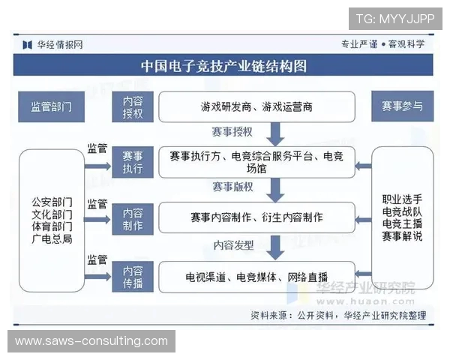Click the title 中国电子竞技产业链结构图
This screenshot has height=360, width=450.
click(224, 66)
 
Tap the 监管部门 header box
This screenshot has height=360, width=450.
click(51, 106)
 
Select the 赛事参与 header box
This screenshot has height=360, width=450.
click(403, 106)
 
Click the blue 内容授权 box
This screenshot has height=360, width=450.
click(133, 106)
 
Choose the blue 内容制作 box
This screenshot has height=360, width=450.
click(133, 217)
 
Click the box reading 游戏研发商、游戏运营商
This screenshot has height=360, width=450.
click(256, 106)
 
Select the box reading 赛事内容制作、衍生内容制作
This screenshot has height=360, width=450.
click(256, 217)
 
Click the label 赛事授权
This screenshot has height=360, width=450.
click(232, 132)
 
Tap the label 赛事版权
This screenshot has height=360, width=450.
click(232, 187)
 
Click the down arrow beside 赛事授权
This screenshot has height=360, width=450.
click(275, 133)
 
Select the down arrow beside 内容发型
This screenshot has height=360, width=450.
click(275, 247)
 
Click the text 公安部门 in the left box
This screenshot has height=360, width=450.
click(52, 202)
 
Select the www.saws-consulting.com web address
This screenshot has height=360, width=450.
click(91, 341)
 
